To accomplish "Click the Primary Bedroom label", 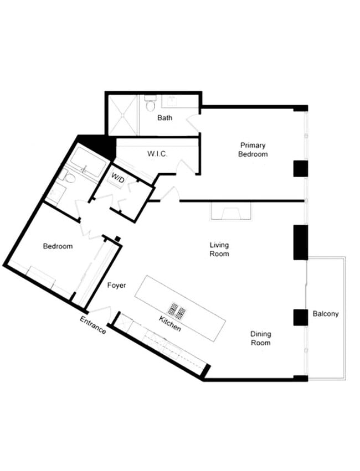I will click(253, 149).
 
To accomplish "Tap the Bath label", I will click(164, 118).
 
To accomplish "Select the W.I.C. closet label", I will click(157, 153).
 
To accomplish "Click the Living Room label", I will click(219, 249).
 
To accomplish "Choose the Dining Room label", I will click(260, 338).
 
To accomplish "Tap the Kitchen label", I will click(170, 324).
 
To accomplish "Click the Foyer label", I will click(117, 286).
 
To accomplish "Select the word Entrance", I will click(93, 325).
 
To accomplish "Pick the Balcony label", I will click(326, 314).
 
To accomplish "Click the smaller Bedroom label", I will click(58, 246).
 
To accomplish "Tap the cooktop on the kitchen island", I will click(177, 310).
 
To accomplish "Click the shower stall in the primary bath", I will click(122, 115).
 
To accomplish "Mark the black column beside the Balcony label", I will click(300, 317).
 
